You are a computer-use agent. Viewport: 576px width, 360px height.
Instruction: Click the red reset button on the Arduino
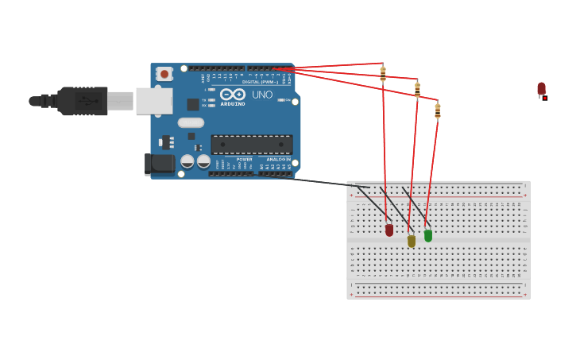pos(164,74)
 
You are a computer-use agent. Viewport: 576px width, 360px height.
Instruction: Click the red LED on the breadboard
pos(389,230)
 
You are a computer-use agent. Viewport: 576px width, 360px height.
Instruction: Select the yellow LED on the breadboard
pos(412,240)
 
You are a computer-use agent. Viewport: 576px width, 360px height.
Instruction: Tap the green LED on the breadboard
pos(428,235)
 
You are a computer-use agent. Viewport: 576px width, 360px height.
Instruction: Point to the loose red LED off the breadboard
pos(541,89)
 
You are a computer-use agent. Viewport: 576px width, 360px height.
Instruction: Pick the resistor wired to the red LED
pos(383,74)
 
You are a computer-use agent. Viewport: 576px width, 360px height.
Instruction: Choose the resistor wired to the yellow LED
pos(417,90)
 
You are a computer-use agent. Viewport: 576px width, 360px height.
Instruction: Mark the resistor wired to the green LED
pos(438,110)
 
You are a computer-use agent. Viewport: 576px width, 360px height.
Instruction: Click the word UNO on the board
pos(262,95)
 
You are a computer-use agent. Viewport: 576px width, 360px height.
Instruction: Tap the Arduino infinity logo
pos(233,94)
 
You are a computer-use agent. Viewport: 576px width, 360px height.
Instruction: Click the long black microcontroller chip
pos(251,145)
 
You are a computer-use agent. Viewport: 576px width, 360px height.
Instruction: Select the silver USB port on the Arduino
pos(153,101)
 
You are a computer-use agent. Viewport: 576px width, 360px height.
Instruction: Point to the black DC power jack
pos(160,164)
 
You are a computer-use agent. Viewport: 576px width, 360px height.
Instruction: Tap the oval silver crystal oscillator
pos(191,122)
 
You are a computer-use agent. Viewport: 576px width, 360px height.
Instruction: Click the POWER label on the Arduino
pos(244,159)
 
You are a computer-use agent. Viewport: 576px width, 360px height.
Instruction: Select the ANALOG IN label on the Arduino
pos(277,159)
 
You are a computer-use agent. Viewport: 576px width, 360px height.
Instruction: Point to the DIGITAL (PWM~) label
pos(260,82)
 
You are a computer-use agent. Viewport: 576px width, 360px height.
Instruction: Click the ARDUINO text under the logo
pos(233,104)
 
